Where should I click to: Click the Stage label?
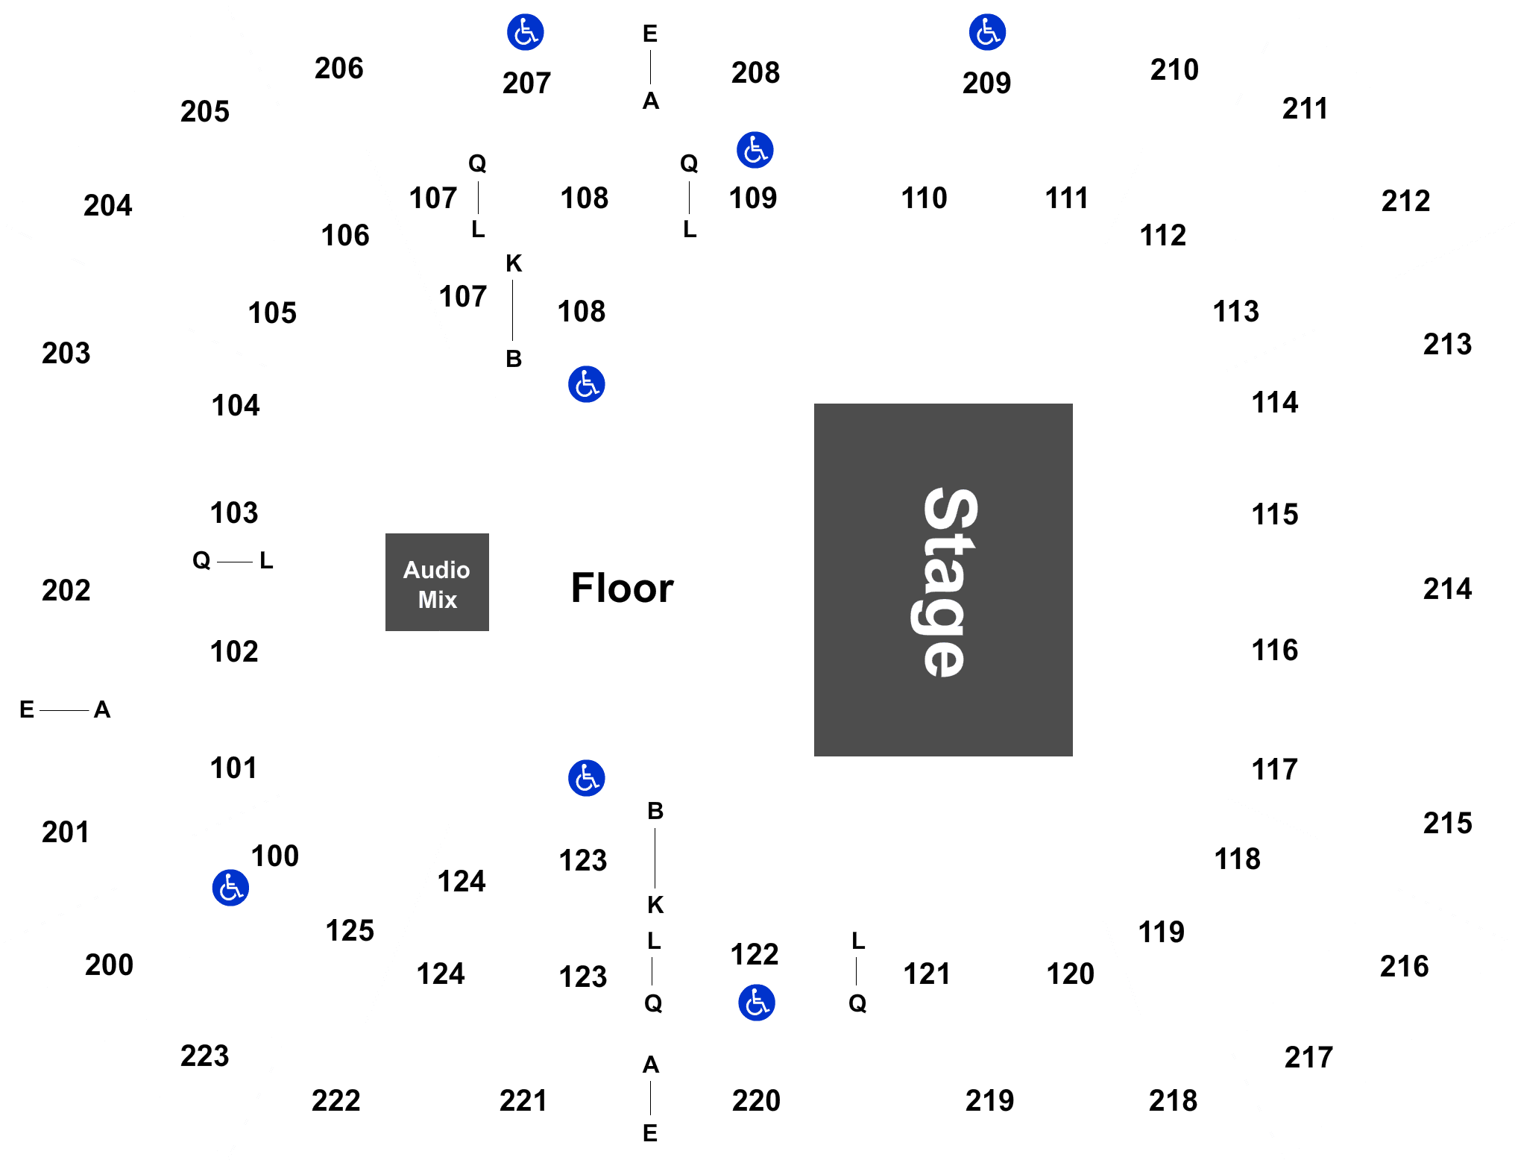(944, 582)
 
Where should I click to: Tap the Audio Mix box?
(437, 582)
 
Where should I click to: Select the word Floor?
(622, 588)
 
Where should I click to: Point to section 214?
(1447, 589)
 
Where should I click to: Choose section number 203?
(66, 354)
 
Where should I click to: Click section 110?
(924, 198)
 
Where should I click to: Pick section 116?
(1274, 651)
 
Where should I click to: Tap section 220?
(756, 1101)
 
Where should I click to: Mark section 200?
(110, 965)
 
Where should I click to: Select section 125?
(350, 931)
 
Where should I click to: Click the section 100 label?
(275, 856)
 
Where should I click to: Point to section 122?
(755, 955)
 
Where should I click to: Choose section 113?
(1236, 312)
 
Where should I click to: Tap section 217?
(1308, 1058)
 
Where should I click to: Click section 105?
(272, 313)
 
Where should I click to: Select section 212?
(1406, 201)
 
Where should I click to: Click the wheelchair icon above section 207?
(526, 32)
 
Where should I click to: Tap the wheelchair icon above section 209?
(988, 32)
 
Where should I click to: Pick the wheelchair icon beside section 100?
(230, 888)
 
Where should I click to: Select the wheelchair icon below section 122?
(757, 1003)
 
